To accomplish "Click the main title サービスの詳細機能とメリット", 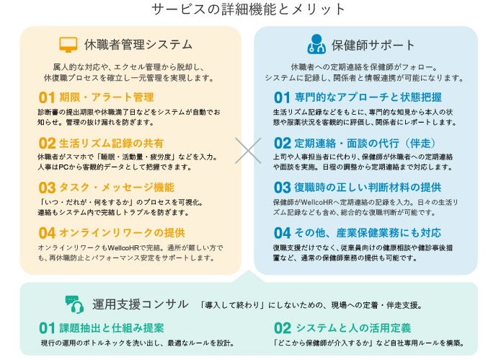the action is coord(248,9).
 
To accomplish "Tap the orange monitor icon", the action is coord(68,45).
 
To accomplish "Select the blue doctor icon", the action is coord(316,44).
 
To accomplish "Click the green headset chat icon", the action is coord(74,304).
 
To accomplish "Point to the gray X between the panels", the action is coord(248,151).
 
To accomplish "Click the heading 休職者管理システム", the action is coord(138,45).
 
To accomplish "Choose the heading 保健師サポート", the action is coord(373,45).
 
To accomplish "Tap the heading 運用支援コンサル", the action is coord(141,304).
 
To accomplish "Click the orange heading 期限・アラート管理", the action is coord(107,97).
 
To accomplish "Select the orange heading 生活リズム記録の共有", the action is coord(111,143).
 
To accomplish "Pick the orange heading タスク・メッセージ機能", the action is coord(117,188).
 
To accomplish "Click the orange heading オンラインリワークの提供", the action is coord(122,233).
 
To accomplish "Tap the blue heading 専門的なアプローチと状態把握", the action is coord(368,97).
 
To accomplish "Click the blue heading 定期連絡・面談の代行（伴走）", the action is coord(365,143).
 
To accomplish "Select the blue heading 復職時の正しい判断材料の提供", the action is coord(368,188).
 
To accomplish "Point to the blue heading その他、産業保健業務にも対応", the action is coord(368,233).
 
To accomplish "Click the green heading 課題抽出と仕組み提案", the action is coord(112,328).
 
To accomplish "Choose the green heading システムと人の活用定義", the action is coord(353,328).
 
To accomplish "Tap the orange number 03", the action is coord(47,188).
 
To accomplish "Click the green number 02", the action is coord(283,329).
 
